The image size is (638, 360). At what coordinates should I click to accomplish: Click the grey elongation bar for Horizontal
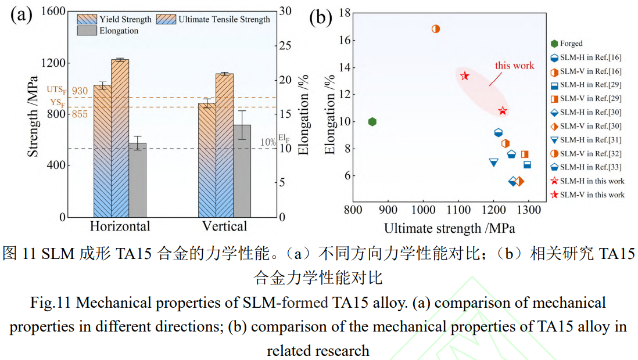137,180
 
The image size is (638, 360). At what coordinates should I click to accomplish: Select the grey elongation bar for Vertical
242,171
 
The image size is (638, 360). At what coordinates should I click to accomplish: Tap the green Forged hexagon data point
372,121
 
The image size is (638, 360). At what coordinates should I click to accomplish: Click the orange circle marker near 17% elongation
436,28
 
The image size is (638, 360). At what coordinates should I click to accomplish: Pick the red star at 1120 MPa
465,75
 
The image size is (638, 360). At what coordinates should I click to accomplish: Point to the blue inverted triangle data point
494,163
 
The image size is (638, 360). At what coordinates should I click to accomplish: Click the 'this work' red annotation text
514,66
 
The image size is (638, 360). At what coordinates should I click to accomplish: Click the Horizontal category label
120,226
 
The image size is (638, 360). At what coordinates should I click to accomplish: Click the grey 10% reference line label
268,142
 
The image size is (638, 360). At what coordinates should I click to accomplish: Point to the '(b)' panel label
320,17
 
